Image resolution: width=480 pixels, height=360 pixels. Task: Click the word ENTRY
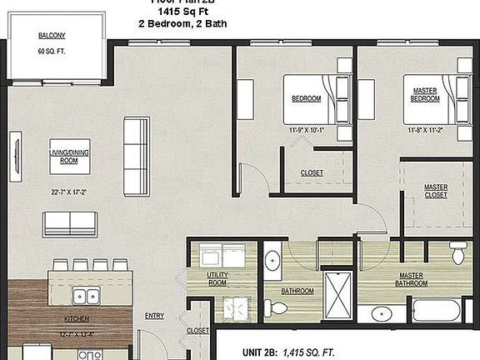[x=155, y=316]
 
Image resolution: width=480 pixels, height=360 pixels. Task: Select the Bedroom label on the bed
[x=306, y=99]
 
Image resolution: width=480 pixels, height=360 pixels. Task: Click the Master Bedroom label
[x=424, y=95]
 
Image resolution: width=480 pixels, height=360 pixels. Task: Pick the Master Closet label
[x=436, y=192]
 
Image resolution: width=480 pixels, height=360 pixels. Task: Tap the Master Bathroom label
[x=413, y=280]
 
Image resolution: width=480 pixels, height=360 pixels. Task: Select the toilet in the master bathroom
[x=457, y=252]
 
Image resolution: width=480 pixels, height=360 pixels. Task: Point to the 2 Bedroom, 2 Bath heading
[x=176, y=25]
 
